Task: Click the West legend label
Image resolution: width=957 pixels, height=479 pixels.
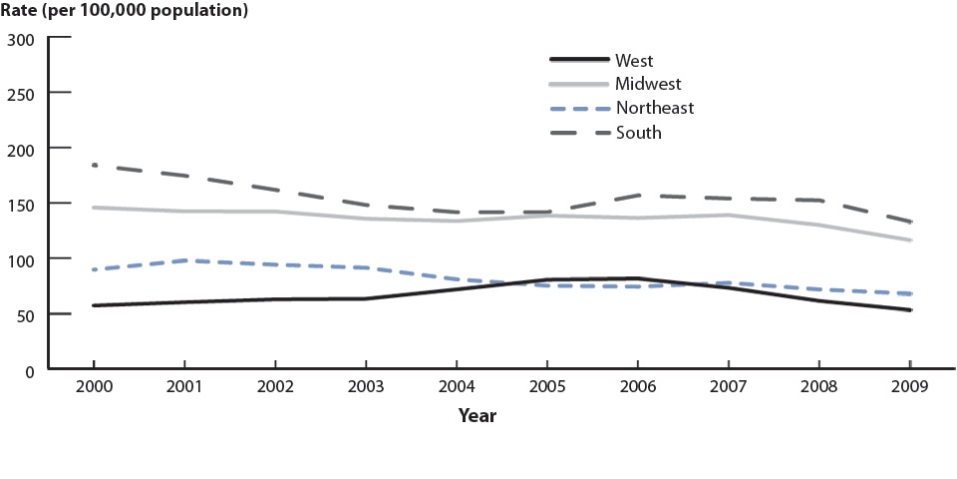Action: click(x=634, y=61)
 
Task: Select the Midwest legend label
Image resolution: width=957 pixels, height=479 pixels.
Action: click(x=648, y=84)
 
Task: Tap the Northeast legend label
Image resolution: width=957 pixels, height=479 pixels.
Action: click(x=654, y=108)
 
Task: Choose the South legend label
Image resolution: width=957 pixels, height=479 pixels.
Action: click(x=638, y=132)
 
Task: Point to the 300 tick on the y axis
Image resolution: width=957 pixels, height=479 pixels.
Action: click(x=21, y=39)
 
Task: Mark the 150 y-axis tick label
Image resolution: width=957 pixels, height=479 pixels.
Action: click(x=21, y=205)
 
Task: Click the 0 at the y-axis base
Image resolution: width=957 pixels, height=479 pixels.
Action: click(x=30, y=370)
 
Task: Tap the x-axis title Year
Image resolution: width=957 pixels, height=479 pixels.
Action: click(x=478, y=416)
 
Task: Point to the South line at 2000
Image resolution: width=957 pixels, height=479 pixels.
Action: click(x=93, y=165)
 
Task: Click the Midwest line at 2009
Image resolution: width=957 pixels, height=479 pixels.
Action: click(x=910, y=240)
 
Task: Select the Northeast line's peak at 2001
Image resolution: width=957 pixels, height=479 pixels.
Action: click(x=183, y=260)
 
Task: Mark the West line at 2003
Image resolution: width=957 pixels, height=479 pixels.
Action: click(x=365, y=298)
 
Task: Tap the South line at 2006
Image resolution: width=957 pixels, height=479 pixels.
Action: click(x=638, y=196)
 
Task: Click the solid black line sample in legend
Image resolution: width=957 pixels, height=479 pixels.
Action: click(x=578, y=61)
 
